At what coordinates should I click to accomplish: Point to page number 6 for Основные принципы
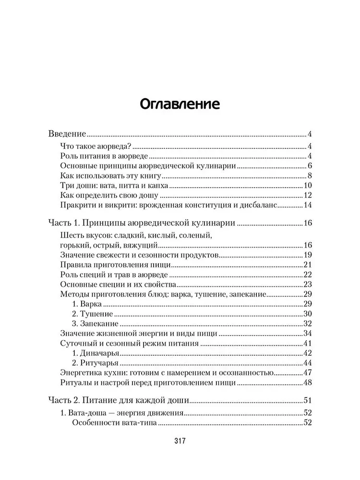point(310,167)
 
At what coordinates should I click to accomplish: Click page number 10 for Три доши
point(308,186)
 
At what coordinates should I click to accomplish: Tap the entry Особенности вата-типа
point(115,423)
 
